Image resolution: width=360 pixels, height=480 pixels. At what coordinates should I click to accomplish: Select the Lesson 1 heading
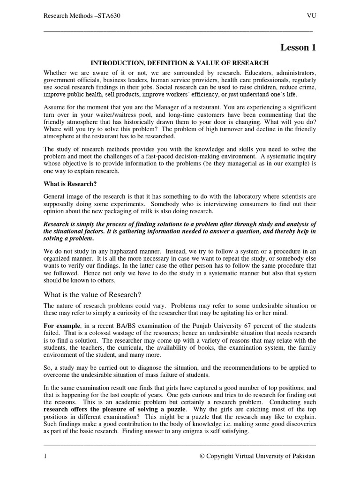click(x=298, y=47)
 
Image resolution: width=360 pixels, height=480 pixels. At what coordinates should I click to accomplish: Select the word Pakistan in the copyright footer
click(x=301, y=456)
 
